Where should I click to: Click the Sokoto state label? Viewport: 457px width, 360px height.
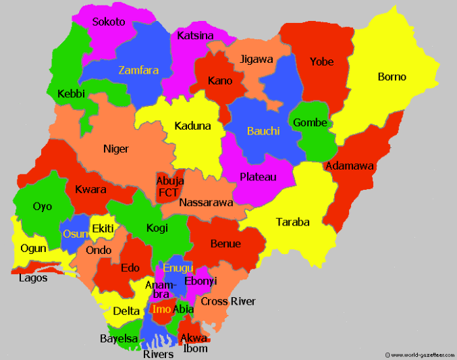point(109,22)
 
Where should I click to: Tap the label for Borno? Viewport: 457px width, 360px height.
point(392,77)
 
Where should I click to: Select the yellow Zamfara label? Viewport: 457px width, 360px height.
point(138,70)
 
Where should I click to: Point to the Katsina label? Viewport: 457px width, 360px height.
point(195,35)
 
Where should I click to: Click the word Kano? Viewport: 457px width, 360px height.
point(220,81)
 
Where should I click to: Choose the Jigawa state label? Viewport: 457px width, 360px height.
point(257,59)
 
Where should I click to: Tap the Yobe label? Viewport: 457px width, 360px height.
point(321,62)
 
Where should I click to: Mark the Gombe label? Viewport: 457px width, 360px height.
point(310,123)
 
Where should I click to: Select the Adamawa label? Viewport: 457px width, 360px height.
point(350,166)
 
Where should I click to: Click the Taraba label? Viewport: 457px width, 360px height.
point(293,222)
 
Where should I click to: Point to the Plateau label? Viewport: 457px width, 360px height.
point(258,177)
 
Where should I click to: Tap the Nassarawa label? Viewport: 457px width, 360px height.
point(206,202)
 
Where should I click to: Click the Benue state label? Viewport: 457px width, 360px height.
point(225,243)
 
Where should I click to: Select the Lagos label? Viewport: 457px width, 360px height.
point(33,278)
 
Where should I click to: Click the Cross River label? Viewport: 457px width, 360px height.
point(228,301)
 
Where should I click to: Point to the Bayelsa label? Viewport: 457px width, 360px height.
point(119,338)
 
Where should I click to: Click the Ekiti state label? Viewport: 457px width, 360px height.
point(103,228)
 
